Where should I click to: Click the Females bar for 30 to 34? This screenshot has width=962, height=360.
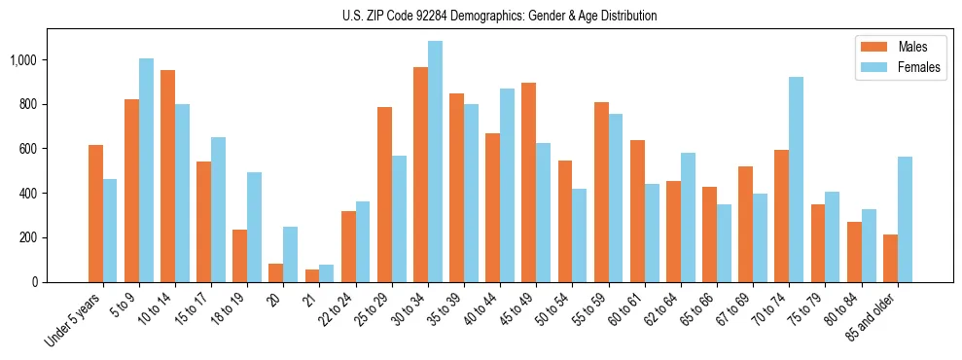coord(435,162)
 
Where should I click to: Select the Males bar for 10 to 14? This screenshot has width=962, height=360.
coord(168,176)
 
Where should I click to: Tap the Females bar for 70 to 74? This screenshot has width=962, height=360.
coord(796,180)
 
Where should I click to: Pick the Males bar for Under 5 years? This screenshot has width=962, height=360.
coord(95,213)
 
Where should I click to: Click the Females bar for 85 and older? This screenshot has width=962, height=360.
coord(905,220)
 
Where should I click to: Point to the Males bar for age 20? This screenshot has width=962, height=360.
coord(276,272)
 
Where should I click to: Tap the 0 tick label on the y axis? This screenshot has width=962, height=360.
coord(36,282)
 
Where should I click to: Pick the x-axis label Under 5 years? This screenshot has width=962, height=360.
coord(73,319)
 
